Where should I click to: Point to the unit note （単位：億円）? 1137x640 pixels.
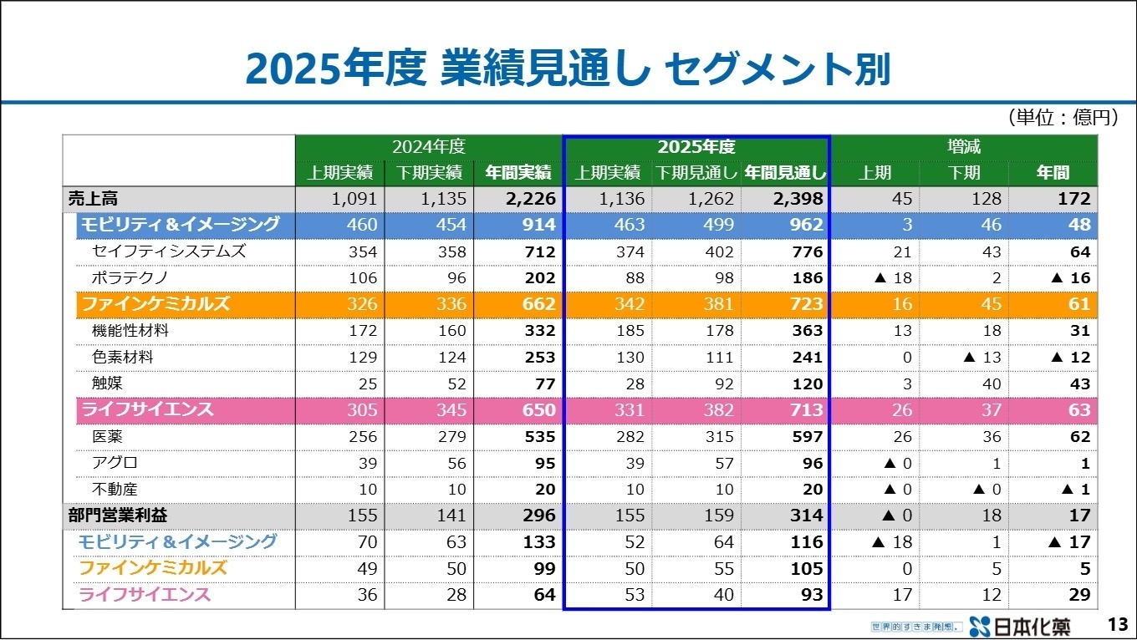point(1062,118)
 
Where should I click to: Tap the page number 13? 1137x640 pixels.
point(1117,625)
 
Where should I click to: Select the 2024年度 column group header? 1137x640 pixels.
point(428,147)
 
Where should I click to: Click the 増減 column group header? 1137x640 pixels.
point(963,147)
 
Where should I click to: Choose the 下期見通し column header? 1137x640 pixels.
point(696,173)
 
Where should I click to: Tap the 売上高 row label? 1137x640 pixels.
point(94,199)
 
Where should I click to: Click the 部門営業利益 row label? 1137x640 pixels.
point(118,516)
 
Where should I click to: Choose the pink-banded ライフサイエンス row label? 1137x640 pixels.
point(146,409)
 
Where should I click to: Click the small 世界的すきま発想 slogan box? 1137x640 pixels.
point(916,626)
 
